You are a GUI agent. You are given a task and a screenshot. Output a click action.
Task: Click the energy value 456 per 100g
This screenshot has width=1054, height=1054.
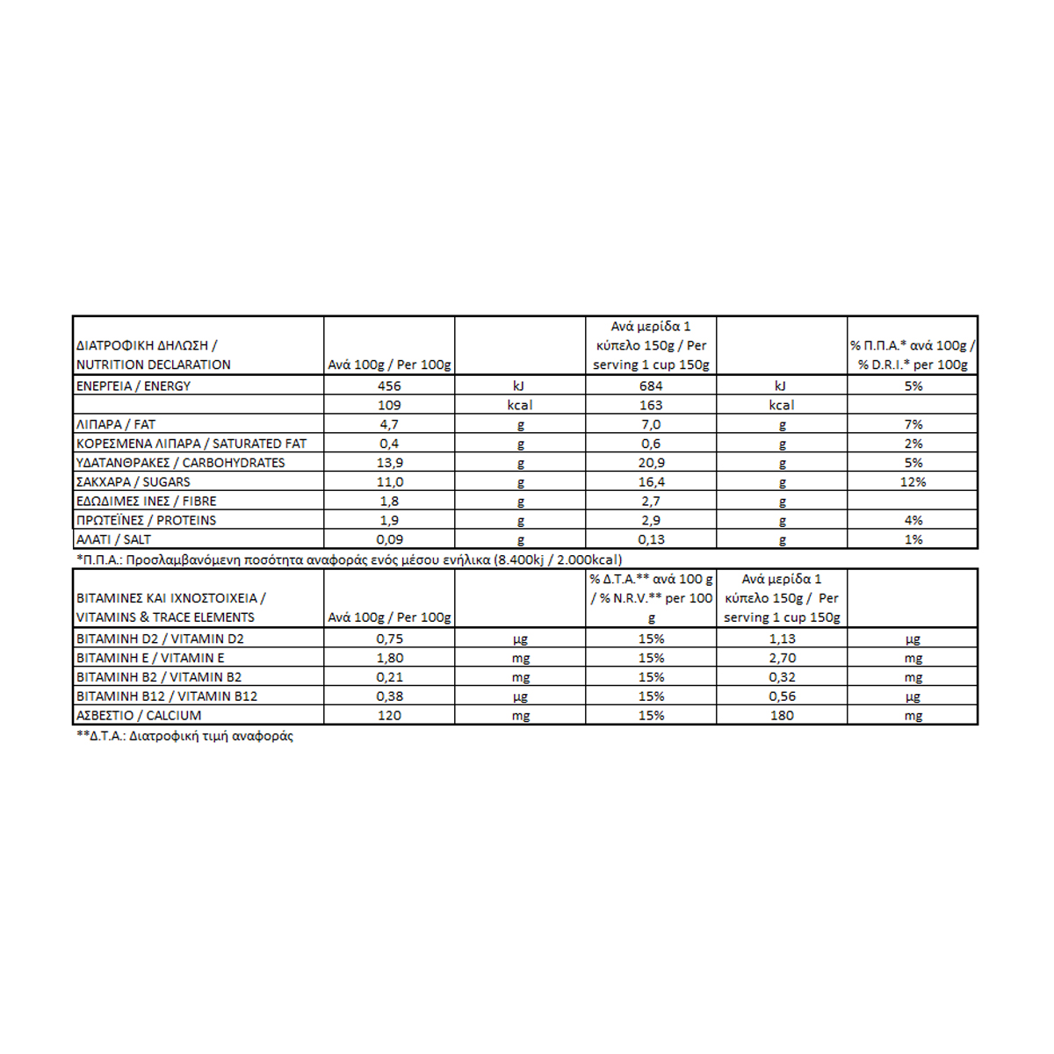pos(389,386)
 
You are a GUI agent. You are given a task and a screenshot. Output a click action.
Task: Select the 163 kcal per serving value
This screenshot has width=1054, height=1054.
pos(651,405)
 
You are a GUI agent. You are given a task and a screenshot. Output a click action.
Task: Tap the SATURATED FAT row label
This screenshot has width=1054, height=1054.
pos(191,444)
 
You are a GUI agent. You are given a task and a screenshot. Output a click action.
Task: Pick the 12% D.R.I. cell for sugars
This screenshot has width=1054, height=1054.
pos(913,482)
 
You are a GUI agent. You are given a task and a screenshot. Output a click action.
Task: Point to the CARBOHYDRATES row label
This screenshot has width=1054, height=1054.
pos(181,463)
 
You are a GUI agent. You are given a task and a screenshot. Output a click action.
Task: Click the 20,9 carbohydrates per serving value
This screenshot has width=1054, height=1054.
pos(651,463)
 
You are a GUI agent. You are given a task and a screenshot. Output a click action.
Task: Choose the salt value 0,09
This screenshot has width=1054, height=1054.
pos(389,540)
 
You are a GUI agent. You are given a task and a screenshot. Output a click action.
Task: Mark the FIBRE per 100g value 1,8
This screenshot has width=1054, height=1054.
pos(389,502)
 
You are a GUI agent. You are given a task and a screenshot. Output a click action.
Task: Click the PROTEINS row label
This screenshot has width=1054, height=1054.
pos(147,521)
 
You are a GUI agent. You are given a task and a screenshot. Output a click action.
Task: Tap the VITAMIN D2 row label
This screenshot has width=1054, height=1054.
pos(160,639)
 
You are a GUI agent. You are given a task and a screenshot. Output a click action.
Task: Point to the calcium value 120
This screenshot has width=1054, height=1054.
pos(389,716)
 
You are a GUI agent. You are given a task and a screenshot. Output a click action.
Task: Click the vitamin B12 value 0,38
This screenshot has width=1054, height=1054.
pos(389,697)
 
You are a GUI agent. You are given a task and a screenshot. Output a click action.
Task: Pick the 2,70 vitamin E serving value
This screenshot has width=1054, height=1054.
pos(782,658)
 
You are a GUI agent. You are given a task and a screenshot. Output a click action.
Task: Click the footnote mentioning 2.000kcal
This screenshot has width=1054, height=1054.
pos(350,559)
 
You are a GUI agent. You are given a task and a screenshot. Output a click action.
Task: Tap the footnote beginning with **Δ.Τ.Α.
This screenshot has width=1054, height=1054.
pos(185,736)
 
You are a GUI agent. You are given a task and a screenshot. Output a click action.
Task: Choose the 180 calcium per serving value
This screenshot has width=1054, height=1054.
pos(782,716)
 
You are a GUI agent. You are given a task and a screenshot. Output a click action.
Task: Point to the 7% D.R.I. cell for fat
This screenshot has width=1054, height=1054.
pos(913,424)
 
